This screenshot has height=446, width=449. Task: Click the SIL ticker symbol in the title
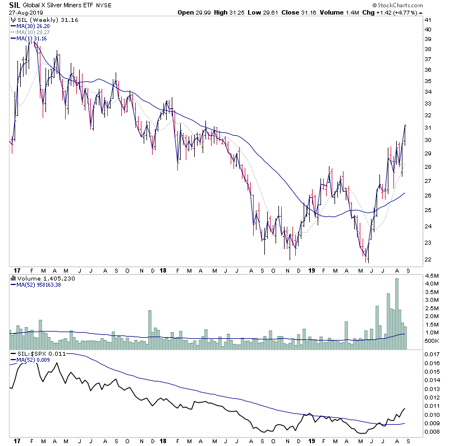15,4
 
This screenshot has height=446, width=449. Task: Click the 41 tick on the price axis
428,20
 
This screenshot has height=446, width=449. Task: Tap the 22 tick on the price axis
428,259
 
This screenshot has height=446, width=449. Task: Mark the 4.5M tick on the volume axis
431,275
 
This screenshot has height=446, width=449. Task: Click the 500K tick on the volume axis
431,341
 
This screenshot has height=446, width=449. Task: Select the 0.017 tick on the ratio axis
432,355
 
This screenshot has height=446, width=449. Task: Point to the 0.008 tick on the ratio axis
432,432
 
